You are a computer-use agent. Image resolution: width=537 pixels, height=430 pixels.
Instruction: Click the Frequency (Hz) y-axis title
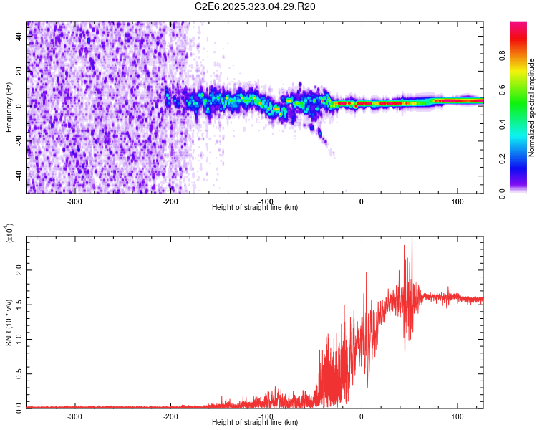(9, 107)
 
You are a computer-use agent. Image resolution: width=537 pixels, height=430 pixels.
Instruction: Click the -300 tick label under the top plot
(75, 201)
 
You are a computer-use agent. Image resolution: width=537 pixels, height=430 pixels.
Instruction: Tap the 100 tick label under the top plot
(457, 201)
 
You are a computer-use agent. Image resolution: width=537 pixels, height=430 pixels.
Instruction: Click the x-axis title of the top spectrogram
(255, 207)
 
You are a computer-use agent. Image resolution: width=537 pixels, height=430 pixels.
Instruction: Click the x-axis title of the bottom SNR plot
(255, 422)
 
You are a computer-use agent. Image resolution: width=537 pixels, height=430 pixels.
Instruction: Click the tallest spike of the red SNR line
(412, 239)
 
